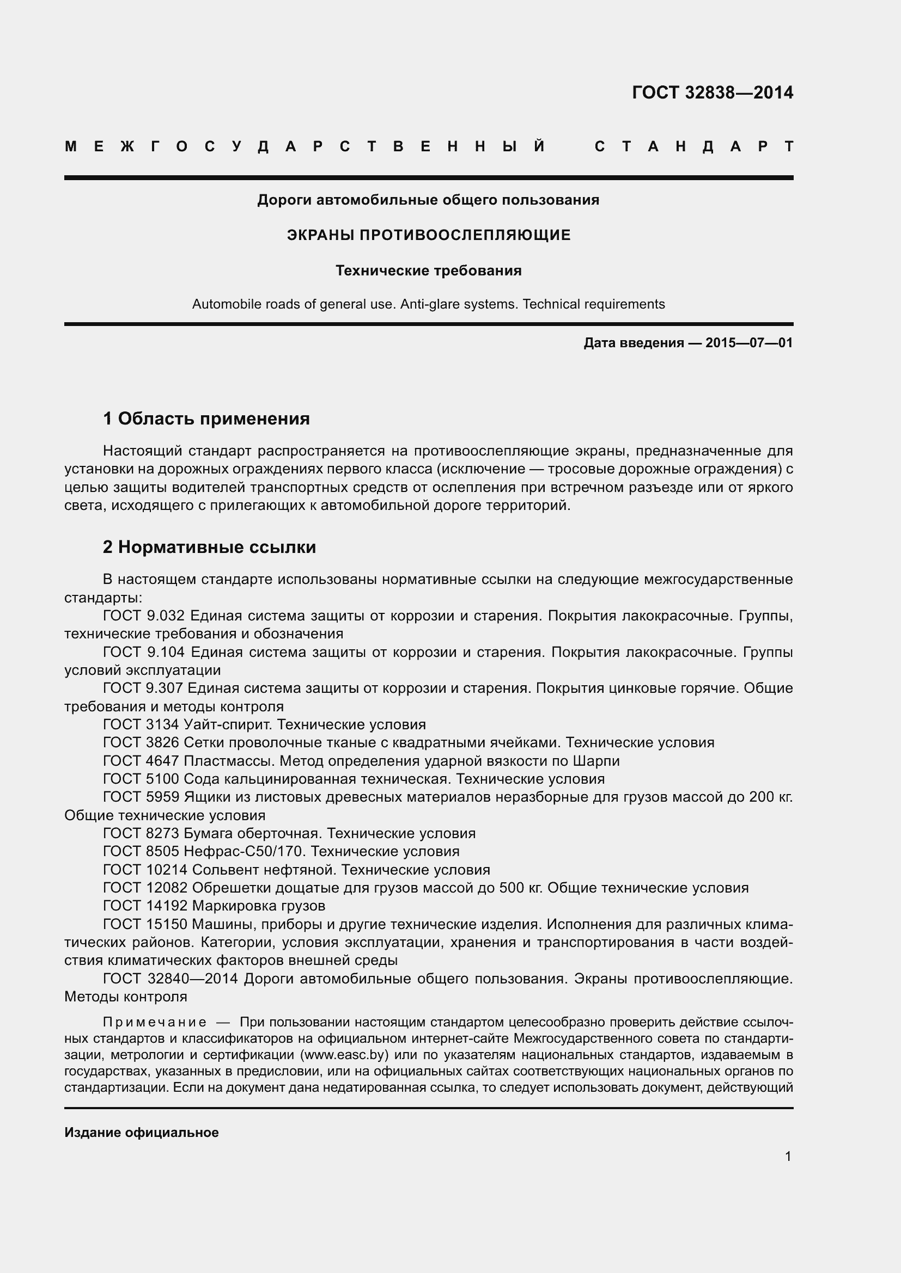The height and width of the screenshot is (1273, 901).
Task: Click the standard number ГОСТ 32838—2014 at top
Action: (713, 93)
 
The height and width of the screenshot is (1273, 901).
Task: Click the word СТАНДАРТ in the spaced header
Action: (694, 147)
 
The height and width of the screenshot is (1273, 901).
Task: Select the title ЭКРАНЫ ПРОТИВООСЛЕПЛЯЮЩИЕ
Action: (428, 235)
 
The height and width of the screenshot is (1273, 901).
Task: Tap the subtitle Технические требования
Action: (428, 270)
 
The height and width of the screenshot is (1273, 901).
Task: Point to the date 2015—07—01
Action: (749, 343)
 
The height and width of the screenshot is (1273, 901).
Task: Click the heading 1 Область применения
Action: (206, 419)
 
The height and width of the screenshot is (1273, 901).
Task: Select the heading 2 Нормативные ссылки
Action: (209, 547)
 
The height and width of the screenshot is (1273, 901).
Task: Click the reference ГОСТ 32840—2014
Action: (170, 978)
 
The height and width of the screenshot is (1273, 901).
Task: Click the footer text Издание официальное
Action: (142, 1132)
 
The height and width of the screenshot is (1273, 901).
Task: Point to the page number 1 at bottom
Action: (788, 1156)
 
